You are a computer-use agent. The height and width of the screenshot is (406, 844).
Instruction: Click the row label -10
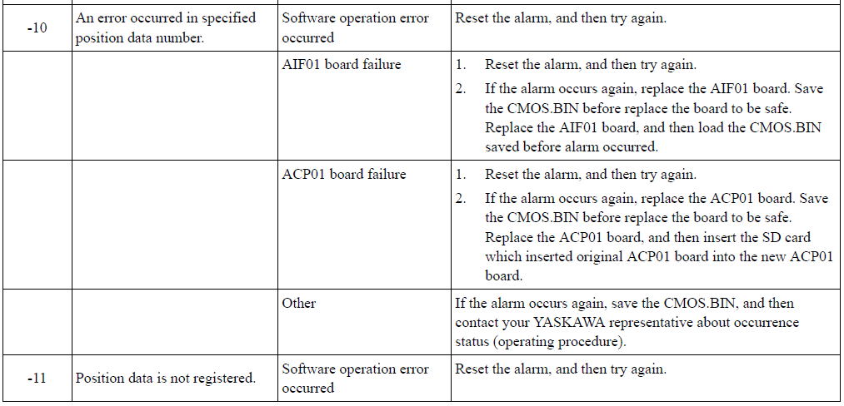click(x=37, y=28)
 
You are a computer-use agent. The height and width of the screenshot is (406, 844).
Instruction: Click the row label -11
click(x=37, y=379)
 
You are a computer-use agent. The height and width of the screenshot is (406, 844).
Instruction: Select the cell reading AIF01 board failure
click(x=342, y=65)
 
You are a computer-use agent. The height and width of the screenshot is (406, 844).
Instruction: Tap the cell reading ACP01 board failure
click(x=343, y=174)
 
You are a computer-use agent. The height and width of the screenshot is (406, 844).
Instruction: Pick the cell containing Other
click(x=299, y=304)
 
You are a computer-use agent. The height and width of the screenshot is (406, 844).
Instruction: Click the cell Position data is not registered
click(x=165, y=379)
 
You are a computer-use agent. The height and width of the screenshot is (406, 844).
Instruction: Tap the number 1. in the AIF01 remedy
click(x=460, y=65)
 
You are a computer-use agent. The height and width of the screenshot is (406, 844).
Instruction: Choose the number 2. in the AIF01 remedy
click(x=460, y=89)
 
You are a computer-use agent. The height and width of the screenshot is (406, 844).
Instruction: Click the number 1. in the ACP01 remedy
click(x=460, y=174)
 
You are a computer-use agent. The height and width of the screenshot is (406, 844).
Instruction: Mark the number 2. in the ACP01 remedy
click(x=460, y=199)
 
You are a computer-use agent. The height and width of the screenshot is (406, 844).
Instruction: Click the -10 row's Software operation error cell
click(x=355, y=28)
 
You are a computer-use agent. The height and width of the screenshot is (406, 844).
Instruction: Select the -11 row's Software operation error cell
click(x=355, y=379)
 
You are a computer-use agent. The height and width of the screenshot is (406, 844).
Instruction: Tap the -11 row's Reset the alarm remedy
click(x=561, y=369)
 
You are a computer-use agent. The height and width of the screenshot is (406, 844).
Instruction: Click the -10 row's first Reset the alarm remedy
click(x=561, y=18)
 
